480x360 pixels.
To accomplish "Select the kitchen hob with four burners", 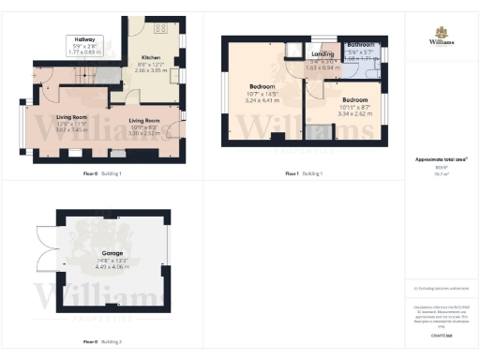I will pyautogui.click(x=158, y=26).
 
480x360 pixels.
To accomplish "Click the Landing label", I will pyautogui.click(x=322, y=55).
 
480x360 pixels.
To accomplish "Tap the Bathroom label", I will pyautogui.click(x=362, y=45).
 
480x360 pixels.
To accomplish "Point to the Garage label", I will pyautogui.click(x=113, y=253).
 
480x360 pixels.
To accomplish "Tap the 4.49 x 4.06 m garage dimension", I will pyautogui.click(x=113, y=266).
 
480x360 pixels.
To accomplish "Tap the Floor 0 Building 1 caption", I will pyautogui.click(x=102, y=173).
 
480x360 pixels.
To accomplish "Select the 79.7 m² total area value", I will pyautogui.click(x=442, y=173).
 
